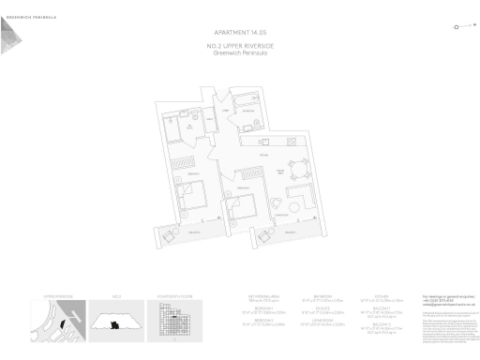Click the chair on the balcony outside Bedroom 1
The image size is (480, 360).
[170, 235]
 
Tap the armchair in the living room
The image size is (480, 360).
[276, 204]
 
